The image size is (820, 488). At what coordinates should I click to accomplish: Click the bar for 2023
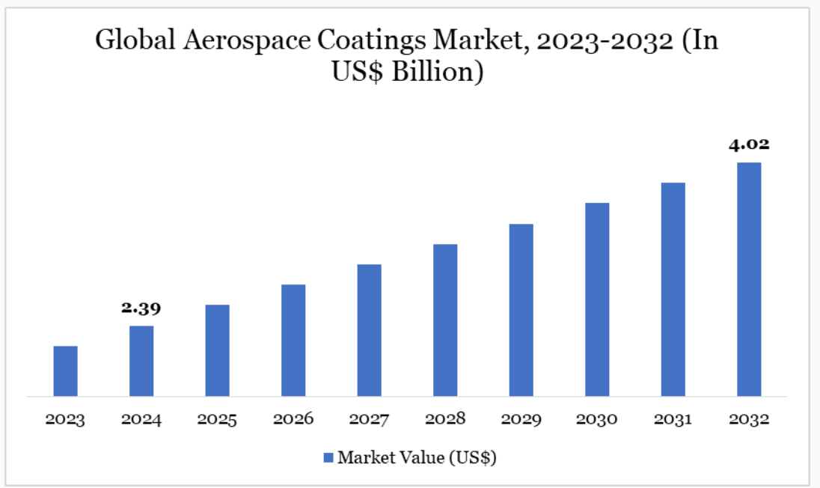click(65, 371)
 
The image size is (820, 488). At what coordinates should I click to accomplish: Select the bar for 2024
click(141, 361)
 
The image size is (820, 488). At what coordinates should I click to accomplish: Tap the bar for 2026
click(293, 341)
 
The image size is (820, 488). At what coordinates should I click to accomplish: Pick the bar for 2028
click(445, 320)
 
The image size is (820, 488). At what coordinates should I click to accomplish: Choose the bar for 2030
click(597, 299)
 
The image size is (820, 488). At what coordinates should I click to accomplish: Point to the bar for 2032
click(749, 279)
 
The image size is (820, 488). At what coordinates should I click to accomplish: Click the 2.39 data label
click(141, 308)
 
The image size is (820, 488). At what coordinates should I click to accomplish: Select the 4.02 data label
click(749, 144)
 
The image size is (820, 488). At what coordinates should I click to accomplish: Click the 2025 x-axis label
click(217, 419)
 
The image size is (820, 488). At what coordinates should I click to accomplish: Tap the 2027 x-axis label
click(369, 419)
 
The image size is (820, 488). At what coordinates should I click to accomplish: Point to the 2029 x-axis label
click(521, 419)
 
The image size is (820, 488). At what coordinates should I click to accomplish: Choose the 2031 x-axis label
click(673, 419)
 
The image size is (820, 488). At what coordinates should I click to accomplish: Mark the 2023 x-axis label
click(65, 419)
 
